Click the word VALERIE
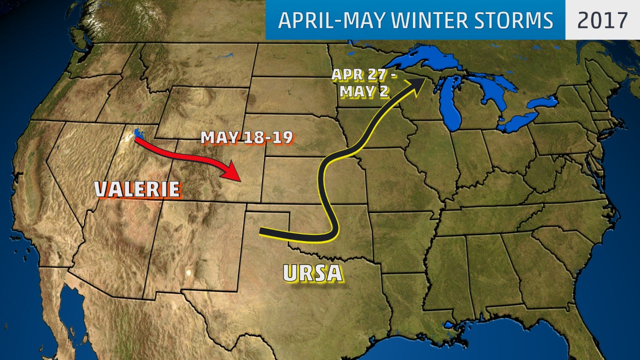[x=137, y=189]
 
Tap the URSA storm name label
[x=312, y=273]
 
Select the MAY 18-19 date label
[x=246, y=138]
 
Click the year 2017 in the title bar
[x=602, y=20]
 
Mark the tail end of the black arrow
[x=262, y=231]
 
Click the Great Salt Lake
[x=138, y=134]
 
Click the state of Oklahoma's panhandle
[x=272, y=216]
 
